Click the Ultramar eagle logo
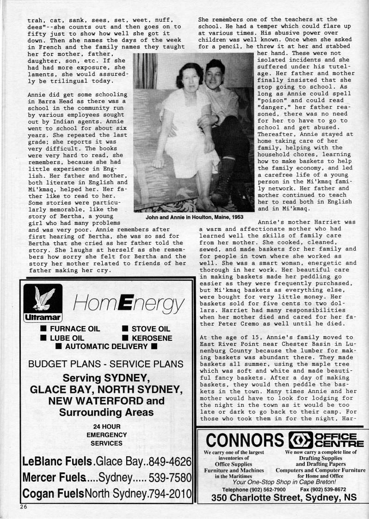(x=39, y=303)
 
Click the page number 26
(x=24, y=507)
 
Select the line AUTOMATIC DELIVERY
(x=106, y=346)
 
